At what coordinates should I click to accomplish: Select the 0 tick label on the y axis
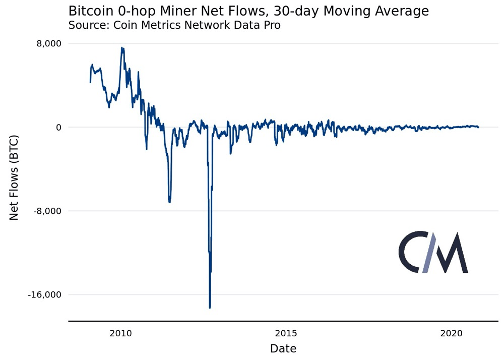58,128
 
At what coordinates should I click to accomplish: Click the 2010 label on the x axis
120,333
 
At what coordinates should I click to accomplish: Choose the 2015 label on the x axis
286,333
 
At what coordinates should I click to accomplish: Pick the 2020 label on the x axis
451,333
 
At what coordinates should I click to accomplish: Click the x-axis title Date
283,348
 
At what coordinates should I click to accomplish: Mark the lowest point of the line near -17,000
210,307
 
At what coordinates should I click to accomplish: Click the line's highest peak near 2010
121,48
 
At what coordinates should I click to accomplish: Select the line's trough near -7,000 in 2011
169,202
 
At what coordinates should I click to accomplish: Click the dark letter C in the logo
412,252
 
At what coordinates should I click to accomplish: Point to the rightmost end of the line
478,127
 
